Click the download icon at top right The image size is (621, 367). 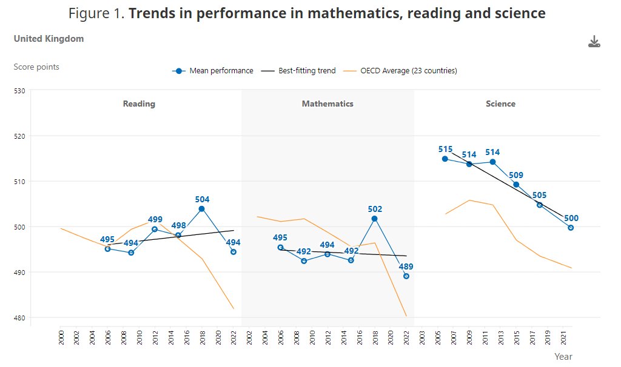594,42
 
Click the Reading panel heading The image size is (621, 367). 139,104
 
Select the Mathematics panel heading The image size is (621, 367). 327,104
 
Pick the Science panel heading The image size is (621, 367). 500,104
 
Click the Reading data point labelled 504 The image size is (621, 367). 201,209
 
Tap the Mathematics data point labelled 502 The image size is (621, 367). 374,219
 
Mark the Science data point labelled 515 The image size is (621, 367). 445,159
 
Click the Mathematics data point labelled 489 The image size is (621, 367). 406,276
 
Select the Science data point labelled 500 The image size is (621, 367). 571,228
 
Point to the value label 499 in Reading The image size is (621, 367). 155,220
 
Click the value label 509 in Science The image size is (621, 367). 516,175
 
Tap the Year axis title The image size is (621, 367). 563,357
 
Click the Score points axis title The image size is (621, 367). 36,67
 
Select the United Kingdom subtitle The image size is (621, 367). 49,39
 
